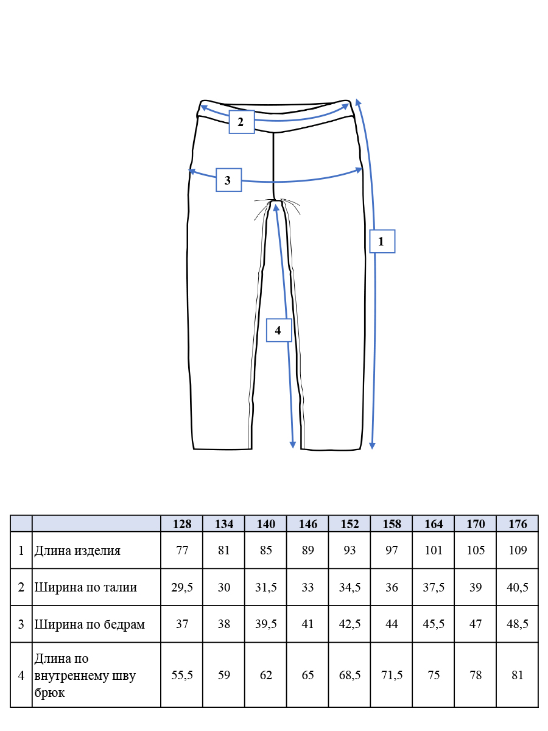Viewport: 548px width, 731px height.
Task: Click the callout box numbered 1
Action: tap(382, 241)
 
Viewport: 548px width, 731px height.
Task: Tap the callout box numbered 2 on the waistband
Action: tap(242, 122)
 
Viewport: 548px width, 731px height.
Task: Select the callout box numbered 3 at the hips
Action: tap(228, 180)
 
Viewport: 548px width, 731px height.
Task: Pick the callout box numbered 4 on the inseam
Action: tap(279, 330)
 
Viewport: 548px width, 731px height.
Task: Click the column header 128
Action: tap(181, 524)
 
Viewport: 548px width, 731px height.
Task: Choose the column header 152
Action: tap(350, 524)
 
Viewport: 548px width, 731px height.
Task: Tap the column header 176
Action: tap(518, 524)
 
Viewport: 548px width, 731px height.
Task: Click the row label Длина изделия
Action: tap(77, 551)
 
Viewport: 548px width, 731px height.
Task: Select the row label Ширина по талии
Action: tap(85, 587)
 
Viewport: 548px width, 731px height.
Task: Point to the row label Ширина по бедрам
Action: tap(90, 624)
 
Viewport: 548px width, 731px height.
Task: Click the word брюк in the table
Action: tap(49, 693)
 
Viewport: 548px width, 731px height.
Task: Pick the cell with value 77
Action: tap(181, 550)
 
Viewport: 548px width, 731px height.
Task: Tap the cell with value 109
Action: tap(518, 550)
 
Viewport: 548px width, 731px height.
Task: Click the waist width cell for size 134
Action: tap(223, 587)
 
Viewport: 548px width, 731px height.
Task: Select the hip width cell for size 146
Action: tap(307, 624)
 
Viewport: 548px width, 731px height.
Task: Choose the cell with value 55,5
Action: tap(181, 675)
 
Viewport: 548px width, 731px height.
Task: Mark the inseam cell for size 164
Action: tap(434, 675)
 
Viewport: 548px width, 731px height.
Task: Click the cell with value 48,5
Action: tap(518, 624)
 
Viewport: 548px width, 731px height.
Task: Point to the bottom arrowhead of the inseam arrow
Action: tap(292, 445)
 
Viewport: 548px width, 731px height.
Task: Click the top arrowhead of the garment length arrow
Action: tap(358, 102)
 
